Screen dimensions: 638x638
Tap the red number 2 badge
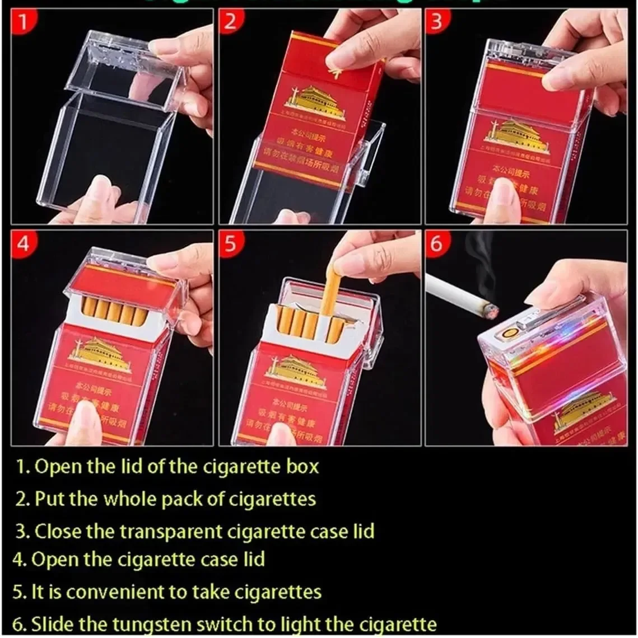(x=230, y=21)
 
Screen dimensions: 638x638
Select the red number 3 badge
(x=436, y=21)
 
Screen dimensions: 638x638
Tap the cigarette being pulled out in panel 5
(x=332, y=291)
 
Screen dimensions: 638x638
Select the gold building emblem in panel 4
(x=99, y=356)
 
